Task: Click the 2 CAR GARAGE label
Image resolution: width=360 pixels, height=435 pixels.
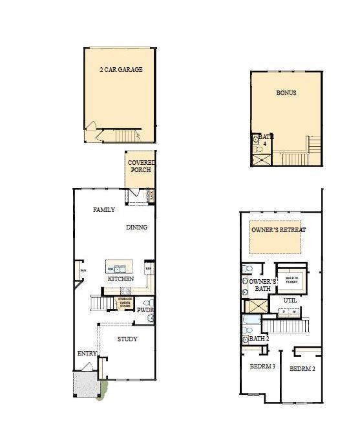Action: tap(121, 69)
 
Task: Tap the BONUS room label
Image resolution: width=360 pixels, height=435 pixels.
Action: tap(286, 93)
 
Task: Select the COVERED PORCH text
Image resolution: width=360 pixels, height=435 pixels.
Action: tap(140, 166)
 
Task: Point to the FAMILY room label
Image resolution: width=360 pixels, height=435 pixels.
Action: tap(104, 209)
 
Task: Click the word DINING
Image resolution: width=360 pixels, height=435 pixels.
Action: tap(136, 227)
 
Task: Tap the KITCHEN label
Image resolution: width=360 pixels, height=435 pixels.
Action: tap(121, 279)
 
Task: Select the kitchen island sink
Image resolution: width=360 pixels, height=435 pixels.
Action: tap(120, 268)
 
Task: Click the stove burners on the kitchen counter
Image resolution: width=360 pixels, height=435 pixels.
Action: tap(148, 268)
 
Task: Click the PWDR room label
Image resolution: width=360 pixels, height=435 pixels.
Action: tap(145, 310)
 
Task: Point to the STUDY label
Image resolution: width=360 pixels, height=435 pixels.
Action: tap(127, 339)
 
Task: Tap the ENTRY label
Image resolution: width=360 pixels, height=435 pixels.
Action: tap(87, 354)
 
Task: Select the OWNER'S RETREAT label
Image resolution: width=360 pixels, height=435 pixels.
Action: tap(278, 230)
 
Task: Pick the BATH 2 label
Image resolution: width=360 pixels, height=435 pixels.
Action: tap(259, 338)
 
